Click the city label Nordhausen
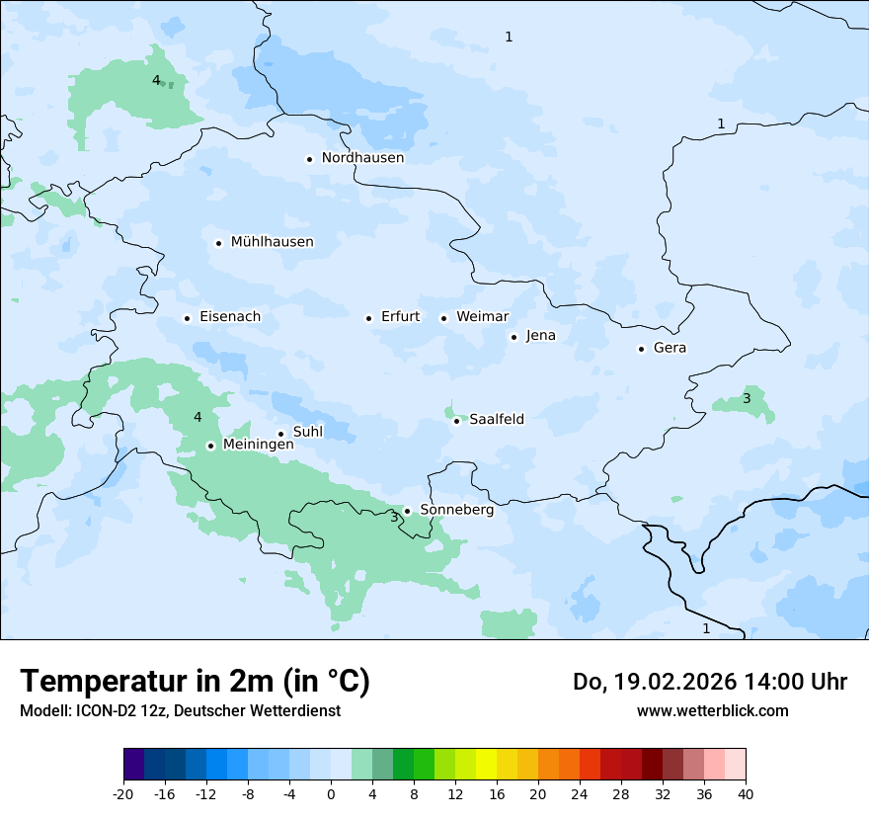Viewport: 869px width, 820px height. click(x=362, y=158)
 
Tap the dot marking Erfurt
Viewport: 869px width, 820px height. click(x=368, y=318)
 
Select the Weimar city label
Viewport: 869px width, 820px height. click(x=482, y=317)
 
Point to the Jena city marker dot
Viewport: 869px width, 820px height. click(x=513, y=337)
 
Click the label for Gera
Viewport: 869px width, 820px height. click(x=670, y=348)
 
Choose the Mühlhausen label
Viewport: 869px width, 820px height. click(x=272, y=242)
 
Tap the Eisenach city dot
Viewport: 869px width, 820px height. click(x=187, y=318)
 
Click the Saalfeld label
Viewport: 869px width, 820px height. click(x=496, y=420)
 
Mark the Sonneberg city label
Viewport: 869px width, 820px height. click(x=456, y=511)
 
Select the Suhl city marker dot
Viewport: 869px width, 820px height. click(x=280, y=434)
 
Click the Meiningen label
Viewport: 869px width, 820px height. click(x=258, y=446)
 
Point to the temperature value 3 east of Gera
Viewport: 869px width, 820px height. click(x=747, y=399)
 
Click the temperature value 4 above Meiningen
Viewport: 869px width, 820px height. click(x=197, y=418)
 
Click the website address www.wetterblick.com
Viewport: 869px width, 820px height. click(x=712, y=711)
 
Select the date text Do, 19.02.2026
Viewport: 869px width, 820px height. click(x=655, y=682)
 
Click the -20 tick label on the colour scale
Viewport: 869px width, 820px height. click(x=123, y=793)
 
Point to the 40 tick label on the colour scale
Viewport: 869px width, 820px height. click(x=746, y=793)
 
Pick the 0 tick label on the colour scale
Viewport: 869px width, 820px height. click(x=331, y=793)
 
